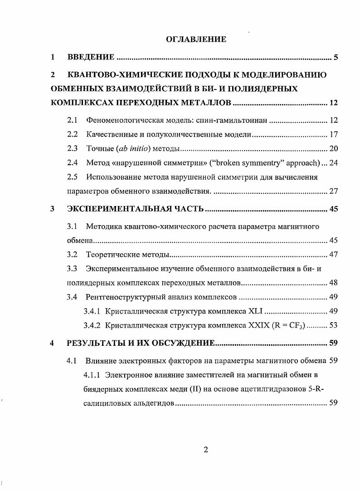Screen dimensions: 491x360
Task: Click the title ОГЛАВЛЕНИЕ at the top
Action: [196, 39]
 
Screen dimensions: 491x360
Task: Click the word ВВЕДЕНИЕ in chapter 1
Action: [91, 57]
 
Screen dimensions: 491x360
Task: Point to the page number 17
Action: [333, 134]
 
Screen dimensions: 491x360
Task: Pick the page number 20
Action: [333, 148]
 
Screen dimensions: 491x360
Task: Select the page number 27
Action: [333, 191]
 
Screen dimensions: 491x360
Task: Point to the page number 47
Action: [333, 255]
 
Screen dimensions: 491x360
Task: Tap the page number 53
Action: [333, 325]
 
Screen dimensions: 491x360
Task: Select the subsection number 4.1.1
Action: [92, 375]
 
